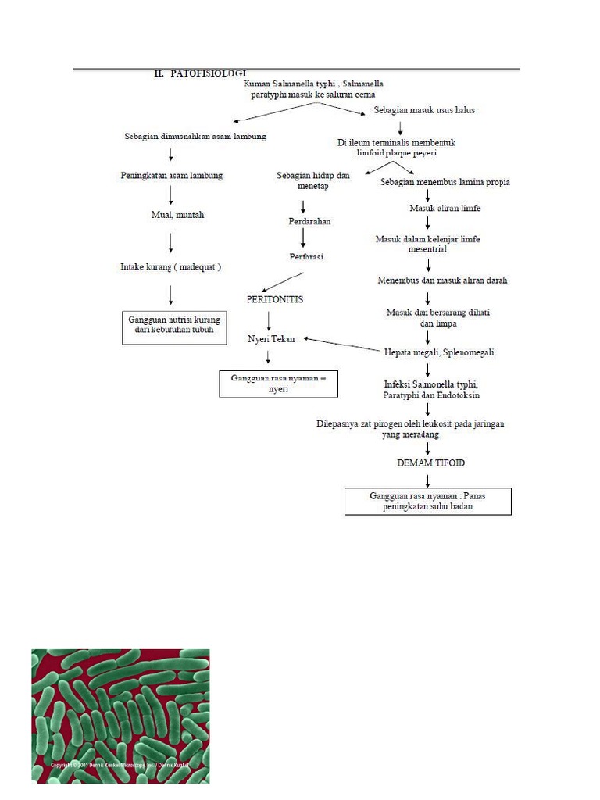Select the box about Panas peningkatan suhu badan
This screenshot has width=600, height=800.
coord(427,501)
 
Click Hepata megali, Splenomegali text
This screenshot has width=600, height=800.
coord(439,352)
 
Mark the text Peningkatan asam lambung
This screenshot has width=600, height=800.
coord(172,176)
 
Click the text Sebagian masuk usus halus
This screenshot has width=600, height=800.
coord(424,110)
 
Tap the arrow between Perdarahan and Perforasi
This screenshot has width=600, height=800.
coord(302,238)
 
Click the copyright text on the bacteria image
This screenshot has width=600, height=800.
coord(120,765)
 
